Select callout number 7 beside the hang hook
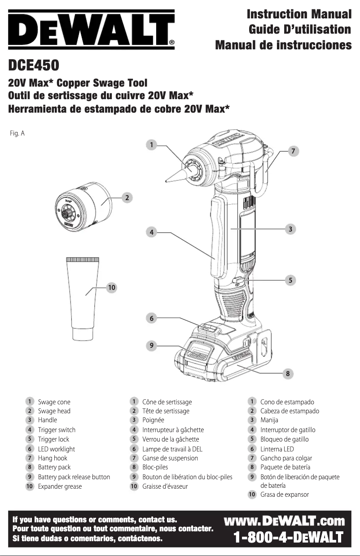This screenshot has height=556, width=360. coord(293,151)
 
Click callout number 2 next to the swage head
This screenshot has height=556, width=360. coord(127,197)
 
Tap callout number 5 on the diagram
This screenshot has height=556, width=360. coord(291,280)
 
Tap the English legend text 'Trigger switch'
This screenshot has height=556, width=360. coord(57,430)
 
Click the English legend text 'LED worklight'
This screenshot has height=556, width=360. coord(56,449)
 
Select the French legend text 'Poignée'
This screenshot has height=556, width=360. coord(153,420)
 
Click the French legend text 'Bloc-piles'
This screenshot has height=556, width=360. coord(155,467)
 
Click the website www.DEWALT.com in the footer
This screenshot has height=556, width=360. coord(285,521)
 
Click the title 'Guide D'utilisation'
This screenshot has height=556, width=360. coord(300,30)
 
